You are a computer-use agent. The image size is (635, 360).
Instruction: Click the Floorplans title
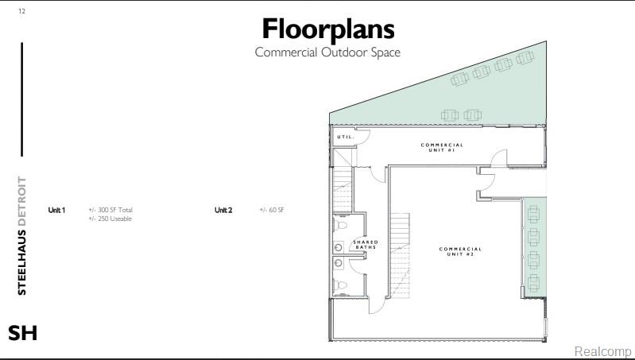(x=328, y=29)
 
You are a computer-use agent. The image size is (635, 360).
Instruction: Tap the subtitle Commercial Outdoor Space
(x=327, y=52)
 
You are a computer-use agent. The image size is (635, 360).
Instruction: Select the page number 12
(x=22, y=11)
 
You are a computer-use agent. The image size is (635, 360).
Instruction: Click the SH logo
(x=23, y=333)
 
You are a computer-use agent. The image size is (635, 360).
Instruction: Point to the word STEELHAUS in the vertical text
(x=22, y=262)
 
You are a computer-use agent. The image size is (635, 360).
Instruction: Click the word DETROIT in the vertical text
(x=22, y=201)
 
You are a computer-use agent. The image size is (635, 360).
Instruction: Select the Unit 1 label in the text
(x=56, y=210)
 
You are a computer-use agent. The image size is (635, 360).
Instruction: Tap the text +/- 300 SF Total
(x=110, y=210)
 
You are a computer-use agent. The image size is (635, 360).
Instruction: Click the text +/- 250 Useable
(x=110, y=219)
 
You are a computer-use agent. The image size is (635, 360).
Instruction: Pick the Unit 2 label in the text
(x=223, y=210)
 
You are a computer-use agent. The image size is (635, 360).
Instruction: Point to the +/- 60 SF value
(x=272, y=210)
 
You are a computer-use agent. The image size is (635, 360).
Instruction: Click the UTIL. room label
(x=346, y=137)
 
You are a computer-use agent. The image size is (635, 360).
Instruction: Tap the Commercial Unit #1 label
(x=442, y=147)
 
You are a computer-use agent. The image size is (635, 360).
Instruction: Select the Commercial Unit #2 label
(x=460, y=251)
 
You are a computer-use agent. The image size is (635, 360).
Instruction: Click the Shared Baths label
(x=366, y=245)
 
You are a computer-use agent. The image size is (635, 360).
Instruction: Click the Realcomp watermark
(x=602, y=351)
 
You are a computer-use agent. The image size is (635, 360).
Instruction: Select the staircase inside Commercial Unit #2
(x=400, y=256)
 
